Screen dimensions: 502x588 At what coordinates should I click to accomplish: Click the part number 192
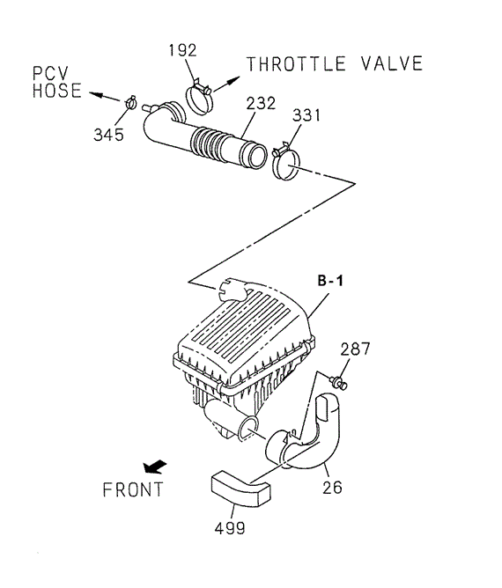182,50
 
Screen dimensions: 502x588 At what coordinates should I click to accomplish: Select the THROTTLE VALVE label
335,63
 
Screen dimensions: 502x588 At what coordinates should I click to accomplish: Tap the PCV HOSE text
56,83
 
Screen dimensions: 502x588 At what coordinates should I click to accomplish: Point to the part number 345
108,135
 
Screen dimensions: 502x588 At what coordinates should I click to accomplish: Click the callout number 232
261,103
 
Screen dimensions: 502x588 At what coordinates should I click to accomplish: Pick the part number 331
306,115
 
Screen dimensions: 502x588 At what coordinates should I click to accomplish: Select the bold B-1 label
330,281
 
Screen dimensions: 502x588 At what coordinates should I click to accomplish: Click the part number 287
355,349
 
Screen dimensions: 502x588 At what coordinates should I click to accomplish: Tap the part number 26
332,488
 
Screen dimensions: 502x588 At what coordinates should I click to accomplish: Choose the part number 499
230,528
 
